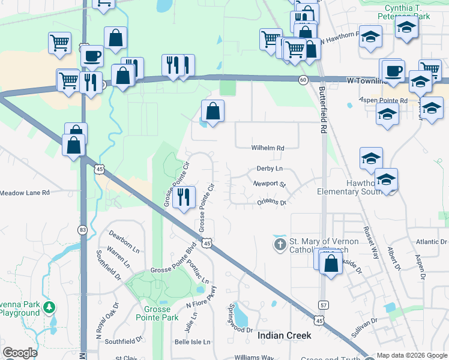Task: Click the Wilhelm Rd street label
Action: pyautogui.click(x=267, y=148)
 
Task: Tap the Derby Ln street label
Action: pyautogui.click(x=269, y=170)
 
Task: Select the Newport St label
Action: pyautogui.click(x=270, y=184)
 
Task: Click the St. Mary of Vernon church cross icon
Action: pyautogui.click(x=280, y=245)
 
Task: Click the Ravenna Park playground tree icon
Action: pyautogui.click(x=50, y=308)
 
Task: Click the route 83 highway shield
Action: pyautogui.click(x=82, y=229)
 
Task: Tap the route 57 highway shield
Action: pyautogui.click(x=323, y=305)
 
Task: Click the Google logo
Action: pyautogui.click(x=20, y=353)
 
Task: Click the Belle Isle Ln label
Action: pyautogui.click(x=192, y=342)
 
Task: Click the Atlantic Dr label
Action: pyautogui.click(x=431, y=242)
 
